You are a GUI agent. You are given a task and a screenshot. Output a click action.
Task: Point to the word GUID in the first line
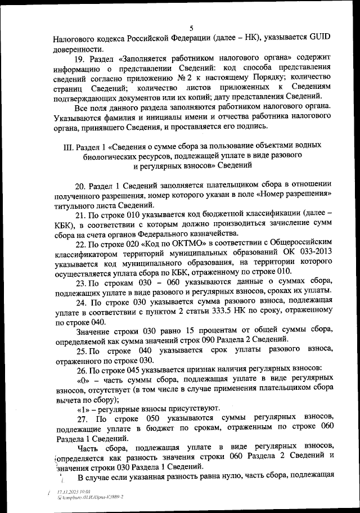319,39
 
